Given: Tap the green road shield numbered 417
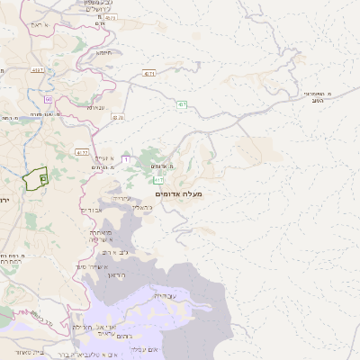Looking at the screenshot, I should click(x=158, y=180).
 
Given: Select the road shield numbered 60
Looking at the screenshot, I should click(x=48, y=99).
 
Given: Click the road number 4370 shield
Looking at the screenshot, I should click(x=118, y=117).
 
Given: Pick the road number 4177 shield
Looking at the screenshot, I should click(x=82, y=152).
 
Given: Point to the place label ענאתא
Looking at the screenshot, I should click(x=95, y=107).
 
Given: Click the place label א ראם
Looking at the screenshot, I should click(x=35, y=26).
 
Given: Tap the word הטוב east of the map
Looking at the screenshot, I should click(x=317, y=101).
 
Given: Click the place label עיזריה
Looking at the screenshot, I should click(x=121, y=198).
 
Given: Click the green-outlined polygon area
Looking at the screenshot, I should click(x=35, y=178).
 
